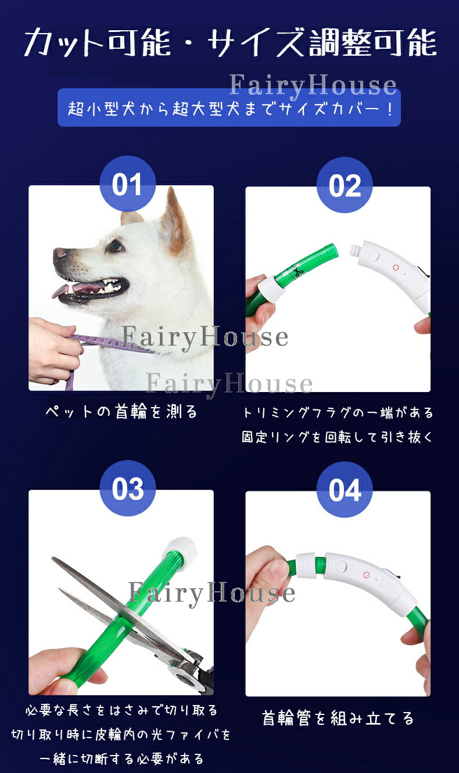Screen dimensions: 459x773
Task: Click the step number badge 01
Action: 127,184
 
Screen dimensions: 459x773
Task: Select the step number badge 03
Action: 127,488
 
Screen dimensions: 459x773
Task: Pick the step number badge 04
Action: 345,490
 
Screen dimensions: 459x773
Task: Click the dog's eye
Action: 115,246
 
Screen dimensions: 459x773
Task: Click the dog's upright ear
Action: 175,220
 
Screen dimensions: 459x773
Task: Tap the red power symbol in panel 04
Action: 367,574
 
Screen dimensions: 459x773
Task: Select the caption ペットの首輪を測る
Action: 121,412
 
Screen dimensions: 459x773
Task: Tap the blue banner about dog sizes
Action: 229,107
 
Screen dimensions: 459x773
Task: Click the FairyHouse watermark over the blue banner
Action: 313,85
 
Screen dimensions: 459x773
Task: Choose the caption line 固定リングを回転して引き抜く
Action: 337,437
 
